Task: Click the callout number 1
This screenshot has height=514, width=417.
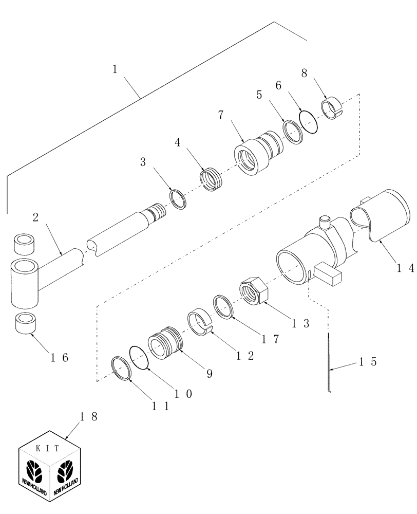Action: point(116,68)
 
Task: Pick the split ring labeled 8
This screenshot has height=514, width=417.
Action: point(331,109)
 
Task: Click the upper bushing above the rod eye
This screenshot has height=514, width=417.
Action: point(24,244)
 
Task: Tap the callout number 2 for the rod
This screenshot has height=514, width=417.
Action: point(35,217)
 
